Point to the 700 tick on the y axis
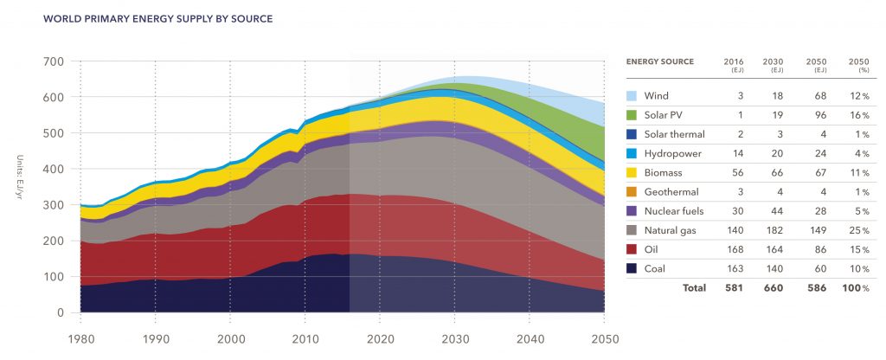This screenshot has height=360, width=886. (55, 61)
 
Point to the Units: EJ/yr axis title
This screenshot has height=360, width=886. (18, 186)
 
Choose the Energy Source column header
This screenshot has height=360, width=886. (659, 62)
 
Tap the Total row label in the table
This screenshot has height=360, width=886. (694, 287)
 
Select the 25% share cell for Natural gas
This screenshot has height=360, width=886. (858, 229)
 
